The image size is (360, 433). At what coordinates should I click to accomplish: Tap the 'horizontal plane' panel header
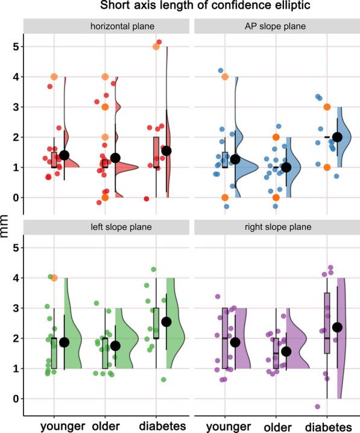tap(106, 27)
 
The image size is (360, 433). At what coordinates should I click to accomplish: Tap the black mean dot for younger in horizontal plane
tap(64, 155)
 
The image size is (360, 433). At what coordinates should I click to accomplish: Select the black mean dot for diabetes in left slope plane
tap(166, 321)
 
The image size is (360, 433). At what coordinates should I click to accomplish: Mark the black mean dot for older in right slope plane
tap(286, 352)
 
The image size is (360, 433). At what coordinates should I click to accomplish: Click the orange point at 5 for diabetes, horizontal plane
tap(156, 46)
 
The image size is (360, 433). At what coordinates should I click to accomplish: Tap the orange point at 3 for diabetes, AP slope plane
tap(327, 107)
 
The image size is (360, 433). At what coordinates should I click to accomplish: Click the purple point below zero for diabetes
tap(317, 406)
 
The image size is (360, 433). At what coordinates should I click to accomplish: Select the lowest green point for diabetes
tap(162, 379)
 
